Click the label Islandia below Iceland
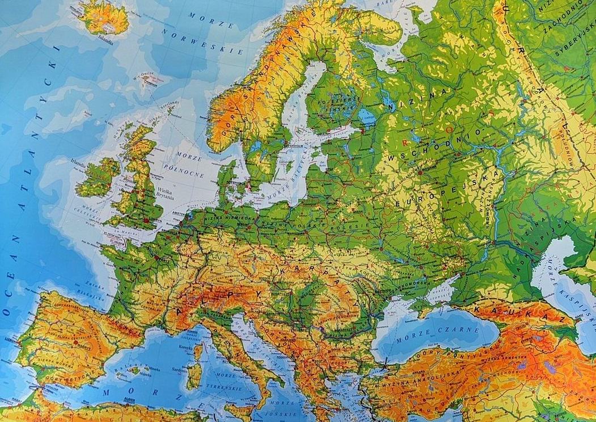(105, 41)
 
